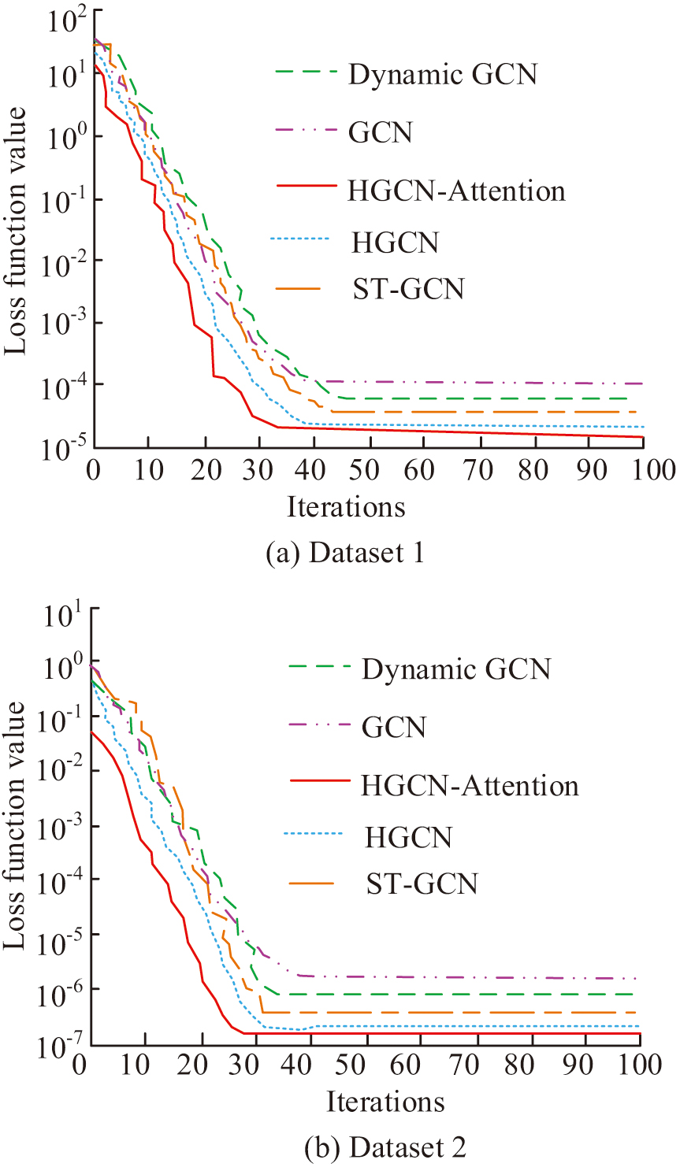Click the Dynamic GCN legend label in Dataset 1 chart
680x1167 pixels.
tap(442, 74)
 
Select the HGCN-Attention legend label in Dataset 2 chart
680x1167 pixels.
tap(470, 785)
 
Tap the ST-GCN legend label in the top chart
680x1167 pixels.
tap(408, 289)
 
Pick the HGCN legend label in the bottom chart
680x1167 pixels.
tap(408, 837)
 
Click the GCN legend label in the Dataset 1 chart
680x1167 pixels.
tap(380, 132)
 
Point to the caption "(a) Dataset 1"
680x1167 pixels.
tap(345, 553)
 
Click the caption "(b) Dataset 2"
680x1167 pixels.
tap(385, 1147)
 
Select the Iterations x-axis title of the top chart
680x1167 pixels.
tap(346, 506)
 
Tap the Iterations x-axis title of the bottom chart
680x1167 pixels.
tap(385, 1101)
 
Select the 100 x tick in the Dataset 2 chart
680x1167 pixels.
tap(638, 1065)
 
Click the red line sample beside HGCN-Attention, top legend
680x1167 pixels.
tap(307, 187)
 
